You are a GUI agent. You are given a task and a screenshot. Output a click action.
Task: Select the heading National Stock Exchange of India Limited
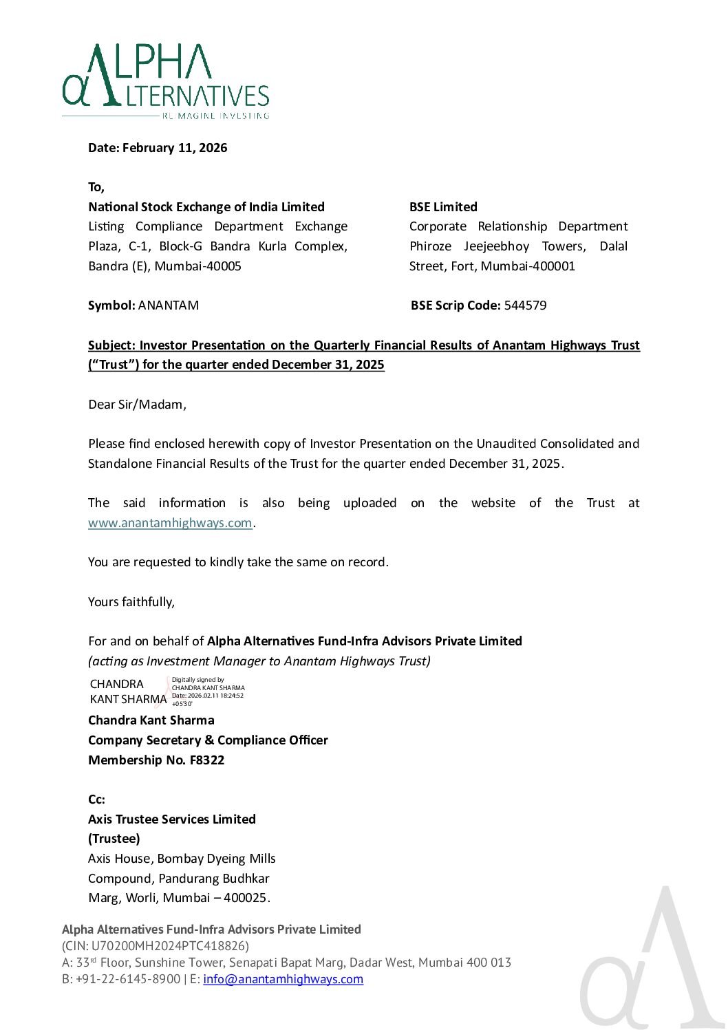206,207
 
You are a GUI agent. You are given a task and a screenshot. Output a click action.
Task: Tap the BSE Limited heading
443,207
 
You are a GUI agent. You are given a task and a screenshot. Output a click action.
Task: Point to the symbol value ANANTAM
169,305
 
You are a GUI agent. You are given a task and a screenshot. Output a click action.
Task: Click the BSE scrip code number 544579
525,305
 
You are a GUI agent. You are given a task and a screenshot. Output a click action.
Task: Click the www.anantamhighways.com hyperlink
170,523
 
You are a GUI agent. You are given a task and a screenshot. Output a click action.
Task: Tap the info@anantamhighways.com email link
283,979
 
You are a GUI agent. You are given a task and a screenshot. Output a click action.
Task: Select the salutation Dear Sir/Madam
137,405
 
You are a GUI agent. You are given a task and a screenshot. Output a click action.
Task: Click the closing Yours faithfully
131,602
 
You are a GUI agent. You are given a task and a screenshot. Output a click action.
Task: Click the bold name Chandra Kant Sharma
151,720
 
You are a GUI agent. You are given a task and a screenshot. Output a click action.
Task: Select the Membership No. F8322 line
156,760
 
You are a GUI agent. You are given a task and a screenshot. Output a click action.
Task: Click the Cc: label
96,800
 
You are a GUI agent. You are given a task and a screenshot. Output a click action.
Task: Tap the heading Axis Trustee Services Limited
172,819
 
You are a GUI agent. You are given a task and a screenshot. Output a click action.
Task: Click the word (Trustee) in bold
114,839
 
